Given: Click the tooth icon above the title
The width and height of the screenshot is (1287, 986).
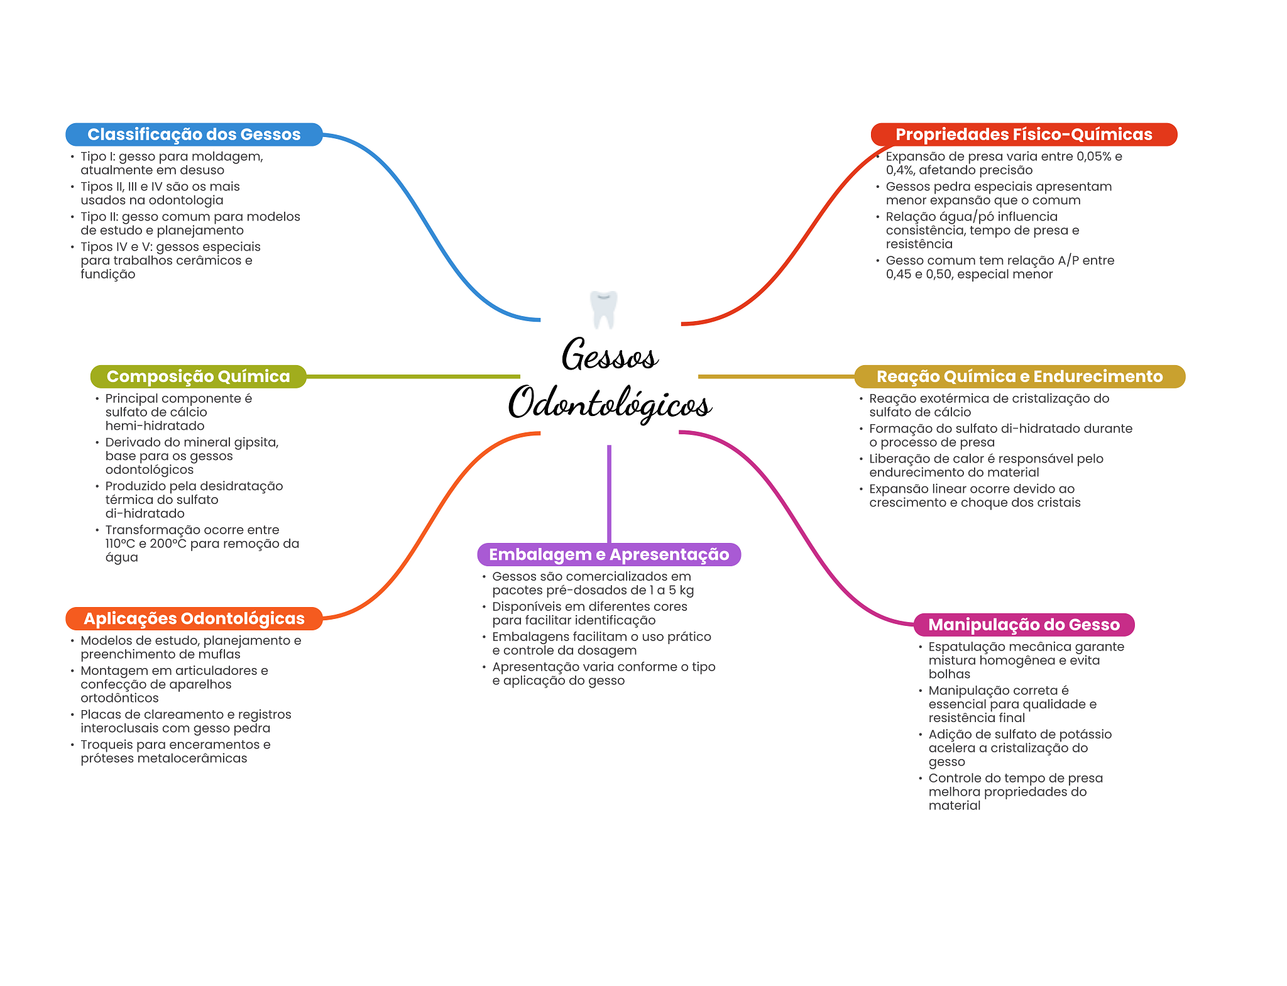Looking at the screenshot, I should pos(603,309).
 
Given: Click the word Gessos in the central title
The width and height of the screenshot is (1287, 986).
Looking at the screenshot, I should pos(609,356).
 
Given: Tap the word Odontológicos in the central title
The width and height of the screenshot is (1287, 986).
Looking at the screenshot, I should pos(609,403).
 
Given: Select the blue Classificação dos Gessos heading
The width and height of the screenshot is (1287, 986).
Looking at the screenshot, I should pos(194,134).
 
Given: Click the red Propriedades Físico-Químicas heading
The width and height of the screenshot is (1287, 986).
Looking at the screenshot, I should pos(1023,134).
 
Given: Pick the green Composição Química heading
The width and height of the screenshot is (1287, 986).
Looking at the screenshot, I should pos(198,376).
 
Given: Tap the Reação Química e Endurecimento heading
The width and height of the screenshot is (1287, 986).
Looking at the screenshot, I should pos(1019,376).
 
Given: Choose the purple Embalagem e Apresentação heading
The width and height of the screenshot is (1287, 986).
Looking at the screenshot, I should pos(608,554).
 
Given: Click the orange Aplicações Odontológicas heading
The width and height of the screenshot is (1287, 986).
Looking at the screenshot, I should pos(194,618).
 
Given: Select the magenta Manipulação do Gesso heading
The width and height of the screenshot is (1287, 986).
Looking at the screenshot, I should pos(1023,625).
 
